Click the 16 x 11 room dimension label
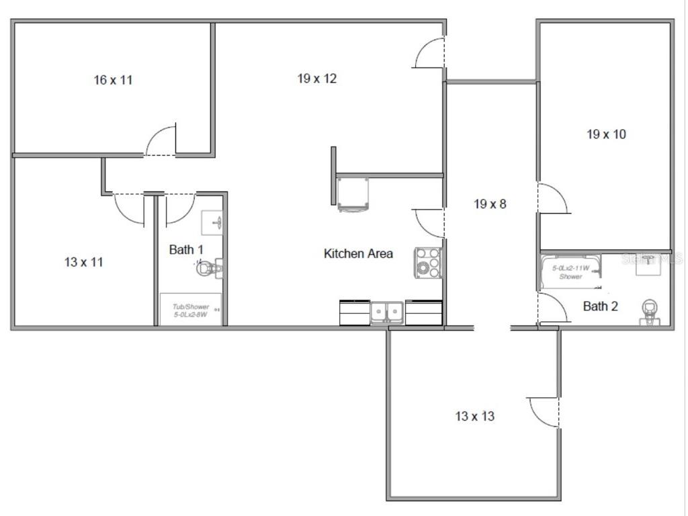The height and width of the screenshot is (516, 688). tap(113, 80)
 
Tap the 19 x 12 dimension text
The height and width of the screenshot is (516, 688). tap(317, 79)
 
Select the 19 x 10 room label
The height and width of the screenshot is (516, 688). tap(606, 134)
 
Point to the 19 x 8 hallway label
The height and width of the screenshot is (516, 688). tap(490, 204)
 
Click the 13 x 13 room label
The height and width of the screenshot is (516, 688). tap(474, 417)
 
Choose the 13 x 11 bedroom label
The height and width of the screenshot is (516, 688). tap(84, 262)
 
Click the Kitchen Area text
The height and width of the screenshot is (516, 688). tap(358, 254)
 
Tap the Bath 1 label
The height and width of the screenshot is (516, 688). tap(186, 250)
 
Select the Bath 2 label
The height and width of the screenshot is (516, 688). tap(600, 306)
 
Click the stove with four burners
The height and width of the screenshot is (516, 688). tap(427, 263)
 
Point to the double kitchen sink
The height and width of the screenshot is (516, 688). tap(387, 312)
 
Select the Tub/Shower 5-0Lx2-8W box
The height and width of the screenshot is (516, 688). tap(190, 310)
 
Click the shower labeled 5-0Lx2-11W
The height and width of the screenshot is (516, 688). tap(570, 271)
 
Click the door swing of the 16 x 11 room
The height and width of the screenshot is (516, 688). tap(162, 141)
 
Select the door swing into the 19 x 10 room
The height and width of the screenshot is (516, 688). tap(553, 199)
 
